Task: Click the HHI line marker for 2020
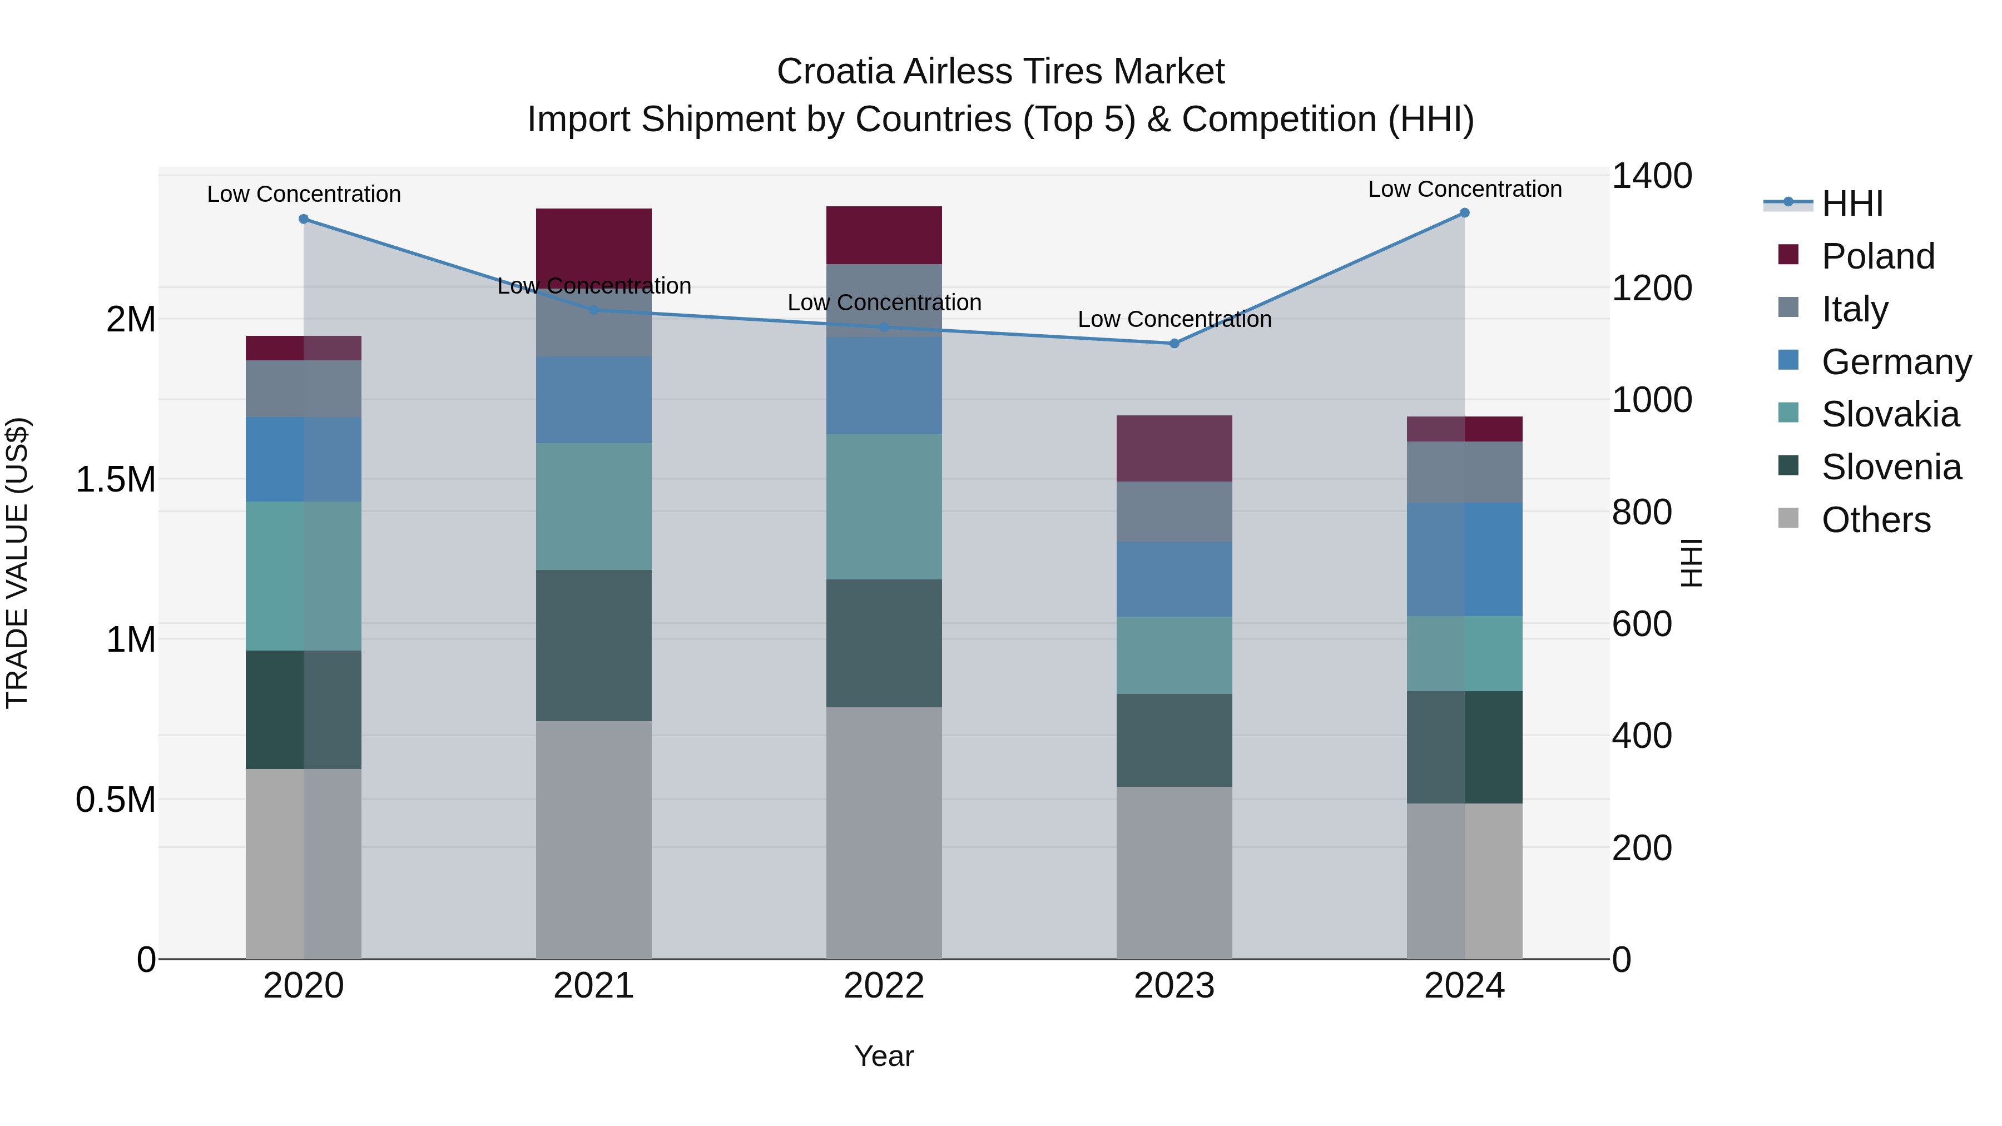click(304, 219)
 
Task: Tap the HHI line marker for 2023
click(1175, 344)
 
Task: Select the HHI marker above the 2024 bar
click(1464, 213)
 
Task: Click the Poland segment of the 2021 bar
click(594, 241)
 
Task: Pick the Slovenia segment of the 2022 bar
click(884, 643)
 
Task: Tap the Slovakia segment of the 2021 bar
click(594, 506)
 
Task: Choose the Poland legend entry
click(1877, 256)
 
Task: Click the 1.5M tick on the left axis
click(116, 479)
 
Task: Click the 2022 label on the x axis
click(884, 985)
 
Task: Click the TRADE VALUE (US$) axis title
click(17, 563)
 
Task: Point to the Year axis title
click(884, 1056)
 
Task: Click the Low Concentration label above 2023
click(1175, 319)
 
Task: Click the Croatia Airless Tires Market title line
click(1000, 72)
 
